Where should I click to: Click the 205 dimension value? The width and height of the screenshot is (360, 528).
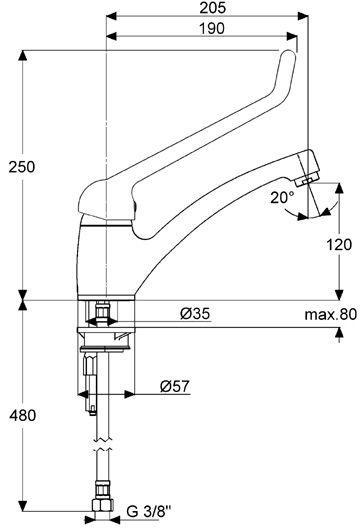[x=212, y=8]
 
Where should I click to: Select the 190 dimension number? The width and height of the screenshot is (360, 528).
[x=212, y=29]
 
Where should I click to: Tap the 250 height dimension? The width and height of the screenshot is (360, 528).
[x=22, y=167]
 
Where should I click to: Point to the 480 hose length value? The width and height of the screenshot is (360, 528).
[x=22, y=416]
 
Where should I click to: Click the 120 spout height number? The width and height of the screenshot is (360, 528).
[x=339, y=244]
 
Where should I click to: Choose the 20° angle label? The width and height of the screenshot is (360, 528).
[x=283, y=198]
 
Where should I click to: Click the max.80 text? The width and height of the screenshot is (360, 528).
[x=330, y=315]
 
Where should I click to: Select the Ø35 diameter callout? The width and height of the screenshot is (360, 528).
[x=195, y=314]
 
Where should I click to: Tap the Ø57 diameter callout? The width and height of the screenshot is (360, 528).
[x=175, y=386]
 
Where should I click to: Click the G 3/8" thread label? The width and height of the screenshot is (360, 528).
[x=149, y=512]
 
